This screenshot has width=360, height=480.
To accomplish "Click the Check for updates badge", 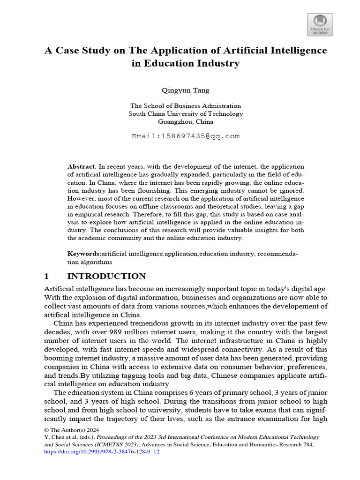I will [320, 25].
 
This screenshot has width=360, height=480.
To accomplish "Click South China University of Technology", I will [186, 113].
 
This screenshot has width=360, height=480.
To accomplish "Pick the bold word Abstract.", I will [82, 167].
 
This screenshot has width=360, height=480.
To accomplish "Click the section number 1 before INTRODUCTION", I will [47, 276].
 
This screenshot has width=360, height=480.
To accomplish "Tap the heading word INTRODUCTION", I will [106, 276].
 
